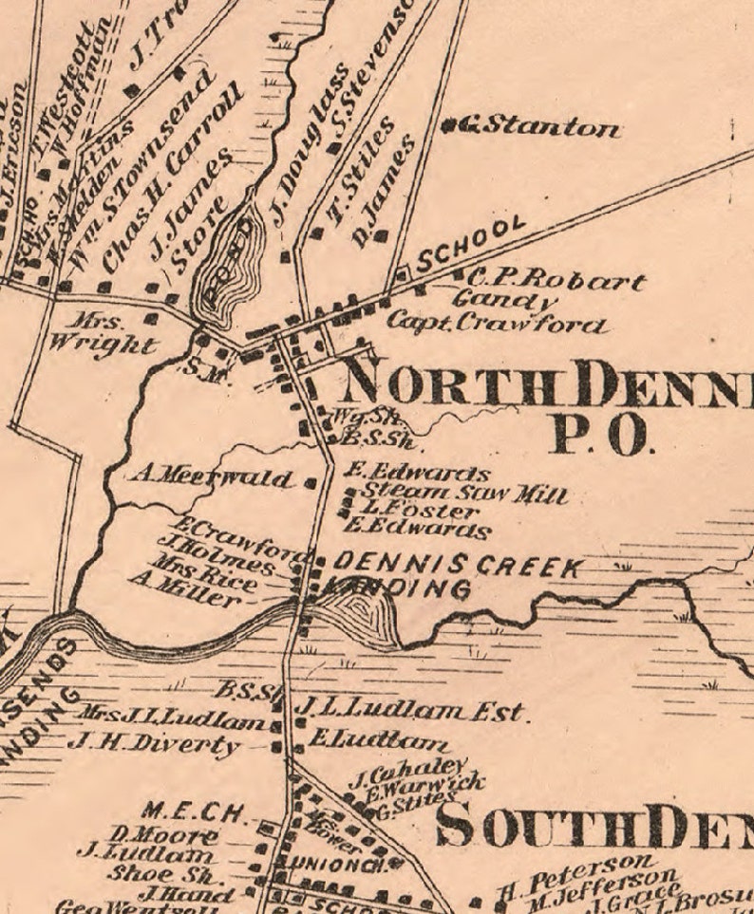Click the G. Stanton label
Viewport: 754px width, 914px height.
pyautogui.click(x=541, y=126)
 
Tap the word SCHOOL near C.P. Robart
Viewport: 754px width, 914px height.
pyautogui.click(x=471, y=243)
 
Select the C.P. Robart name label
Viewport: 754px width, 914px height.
pyautogui.click(x=556, y=281)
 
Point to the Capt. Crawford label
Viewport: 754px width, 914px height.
pyautogui.click(x=495, y=324)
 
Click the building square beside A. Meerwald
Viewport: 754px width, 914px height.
pyautogui.click(x=310, y=482)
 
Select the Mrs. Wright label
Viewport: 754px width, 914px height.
pyautogui.click(x=112, y=333)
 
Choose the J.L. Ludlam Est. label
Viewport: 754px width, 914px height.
pyautogui.click(x=408, y=710)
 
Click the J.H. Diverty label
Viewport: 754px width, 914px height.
pyautogui.click(x=154, y=745)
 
